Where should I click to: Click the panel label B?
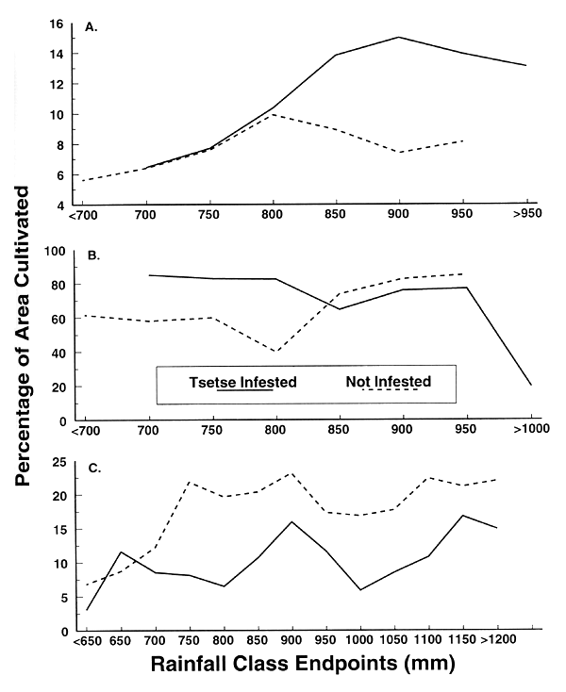click(x=92, y=254)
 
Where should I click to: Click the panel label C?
click(x=92, y=466)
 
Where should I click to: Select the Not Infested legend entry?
click(x=388, y=382)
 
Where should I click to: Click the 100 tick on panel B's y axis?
click(x=54, y=251)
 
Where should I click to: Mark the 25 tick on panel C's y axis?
click(x=57, y=462)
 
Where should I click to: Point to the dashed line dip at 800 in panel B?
click(x=274, y=352)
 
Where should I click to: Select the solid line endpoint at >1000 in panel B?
click(x=531, y=386)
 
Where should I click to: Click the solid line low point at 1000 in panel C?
click(x=361, y=590)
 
